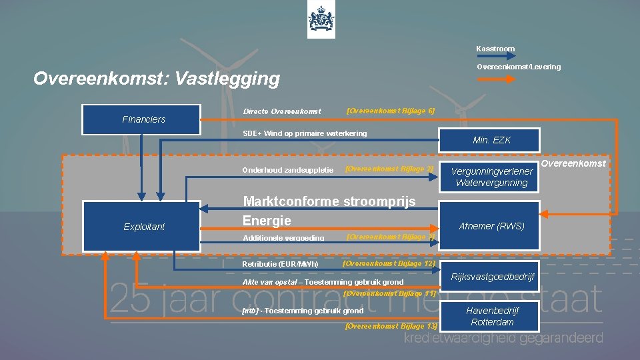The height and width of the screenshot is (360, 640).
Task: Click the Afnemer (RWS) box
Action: (491, 226)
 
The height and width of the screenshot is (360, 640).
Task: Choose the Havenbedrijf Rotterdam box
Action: (492, 317)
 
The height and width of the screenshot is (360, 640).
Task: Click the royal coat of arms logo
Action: (321, 21)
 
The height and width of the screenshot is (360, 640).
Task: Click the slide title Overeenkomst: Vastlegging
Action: (157, 79)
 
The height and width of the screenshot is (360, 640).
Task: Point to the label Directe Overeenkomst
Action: (282, 111)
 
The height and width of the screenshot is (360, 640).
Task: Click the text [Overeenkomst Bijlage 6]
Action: (391, 110)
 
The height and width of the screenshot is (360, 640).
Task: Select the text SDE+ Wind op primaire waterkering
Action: (305, 133)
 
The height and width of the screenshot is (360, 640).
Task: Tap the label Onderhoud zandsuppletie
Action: (288, 170)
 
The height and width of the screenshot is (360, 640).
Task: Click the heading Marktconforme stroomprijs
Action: (329, 201)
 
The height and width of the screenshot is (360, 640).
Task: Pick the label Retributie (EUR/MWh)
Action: (281, 264)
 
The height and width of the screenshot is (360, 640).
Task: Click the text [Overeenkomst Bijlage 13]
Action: (391, 326)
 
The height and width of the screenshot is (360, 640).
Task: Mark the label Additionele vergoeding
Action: (283, 238)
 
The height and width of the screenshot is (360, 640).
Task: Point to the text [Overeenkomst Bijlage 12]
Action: (389, 263)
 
